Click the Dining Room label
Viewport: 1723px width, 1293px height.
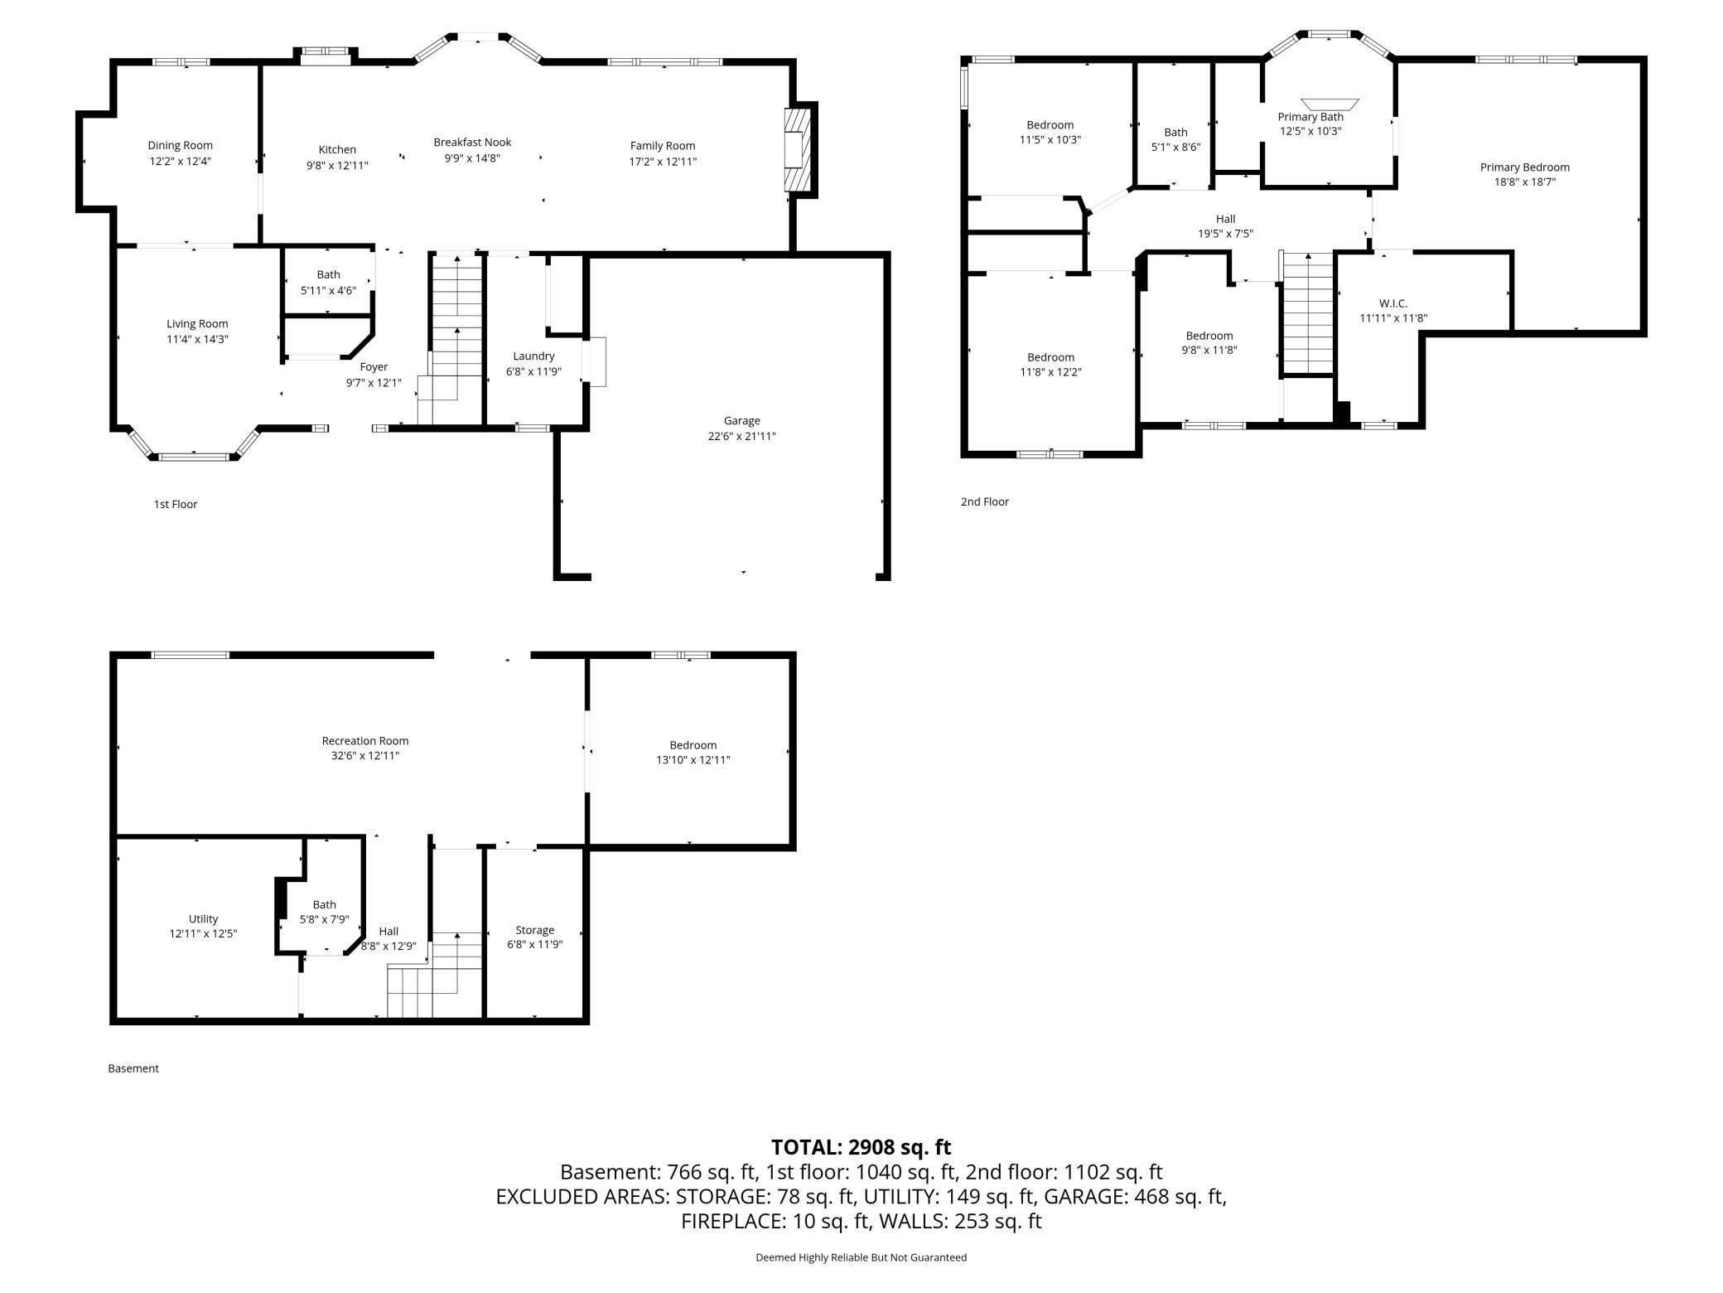coord(180,146)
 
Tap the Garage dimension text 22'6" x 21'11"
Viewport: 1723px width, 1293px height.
coord(741,436)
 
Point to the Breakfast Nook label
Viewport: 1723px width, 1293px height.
coord(472,143)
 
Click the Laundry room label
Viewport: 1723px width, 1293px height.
coord(533,356)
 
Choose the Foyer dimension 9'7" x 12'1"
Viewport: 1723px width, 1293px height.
coord(374,382)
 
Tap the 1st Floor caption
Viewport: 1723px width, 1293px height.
coord(176,504)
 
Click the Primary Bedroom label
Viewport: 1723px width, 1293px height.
coord(1525,167)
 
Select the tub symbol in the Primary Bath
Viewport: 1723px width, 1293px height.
coord(1330,104)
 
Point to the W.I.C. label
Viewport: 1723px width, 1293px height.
coord(1393,303)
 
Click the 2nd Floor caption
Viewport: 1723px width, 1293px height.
coord(985,501)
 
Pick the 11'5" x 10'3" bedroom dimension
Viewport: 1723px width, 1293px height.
coord(1050,140)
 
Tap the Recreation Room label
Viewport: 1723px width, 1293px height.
coord(365,741)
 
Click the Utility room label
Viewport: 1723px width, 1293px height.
coord(203,919)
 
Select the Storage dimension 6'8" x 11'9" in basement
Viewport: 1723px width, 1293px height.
coord(534,944)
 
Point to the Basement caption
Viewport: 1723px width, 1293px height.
coord(133,1068)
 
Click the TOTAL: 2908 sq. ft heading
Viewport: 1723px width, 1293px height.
coord(861,1147)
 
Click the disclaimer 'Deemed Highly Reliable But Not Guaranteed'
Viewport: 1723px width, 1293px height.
coord(861,1257)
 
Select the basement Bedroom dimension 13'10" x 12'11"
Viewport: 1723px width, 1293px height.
coord(693,760)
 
